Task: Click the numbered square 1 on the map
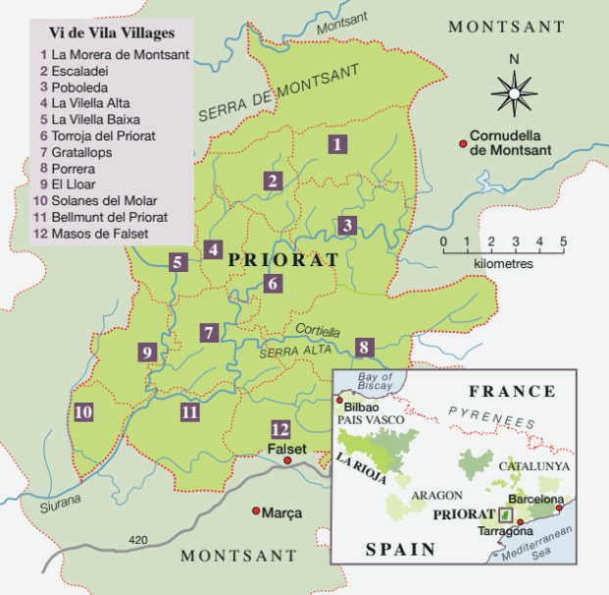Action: coord(337,145)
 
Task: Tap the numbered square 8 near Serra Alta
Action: coord(364,347)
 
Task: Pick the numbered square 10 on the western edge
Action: coord(83,411)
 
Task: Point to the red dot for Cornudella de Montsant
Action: coord(463,144)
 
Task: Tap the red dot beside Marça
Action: coord(256,511)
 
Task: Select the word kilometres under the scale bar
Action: coord(503,264)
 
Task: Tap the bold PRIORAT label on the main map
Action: coord(282,261)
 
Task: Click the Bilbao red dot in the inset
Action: coord(340,401)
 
